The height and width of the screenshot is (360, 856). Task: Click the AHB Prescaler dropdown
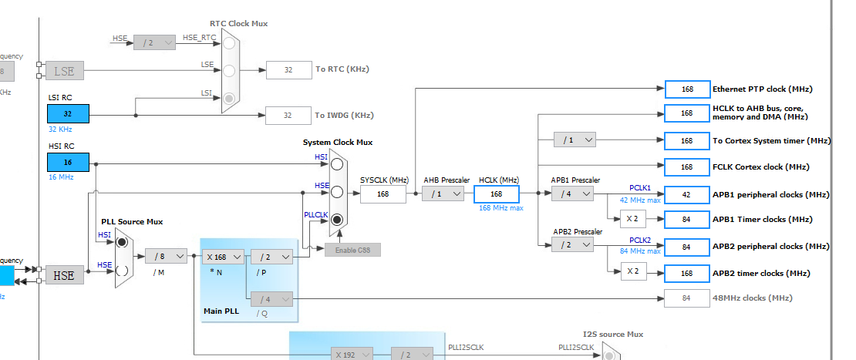pyautogui.click(x=443, y=193)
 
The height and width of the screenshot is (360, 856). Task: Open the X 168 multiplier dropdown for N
pyautogui.click(x=224, y=256)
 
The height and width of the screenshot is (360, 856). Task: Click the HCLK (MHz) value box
pyautogui.click(x=497, y=193)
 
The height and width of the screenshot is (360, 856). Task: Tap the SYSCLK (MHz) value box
pyautogui.click(x=383, y=193)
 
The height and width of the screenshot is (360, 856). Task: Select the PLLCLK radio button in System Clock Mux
pyautogui.click(x=336, y=220)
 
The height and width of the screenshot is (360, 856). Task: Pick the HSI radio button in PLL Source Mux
pyautogui.click(x=122, y=242)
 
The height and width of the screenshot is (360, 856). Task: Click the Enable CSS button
pyautogui.click(x=352, y=250)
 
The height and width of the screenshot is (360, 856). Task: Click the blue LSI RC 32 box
pyautogui.click(x=68, y=113)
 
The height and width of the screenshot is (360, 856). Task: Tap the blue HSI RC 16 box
pyautogui.click(x=68, y=163)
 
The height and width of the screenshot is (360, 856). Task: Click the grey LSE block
pyautogui.click(x=65, y=72)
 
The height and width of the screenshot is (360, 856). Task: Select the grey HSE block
pyautogui.click(x=65, y=274)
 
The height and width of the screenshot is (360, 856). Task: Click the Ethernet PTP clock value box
pyautogui.click(x=686, y=89)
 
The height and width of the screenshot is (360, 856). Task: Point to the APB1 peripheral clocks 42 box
pyautogui.click(x=686, y=194)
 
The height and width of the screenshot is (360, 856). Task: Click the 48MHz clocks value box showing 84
pyautogui.click(x=686, y=298)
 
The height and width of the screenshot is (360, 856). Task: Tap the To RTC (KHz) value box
pyautogui.click(x=288, y=69)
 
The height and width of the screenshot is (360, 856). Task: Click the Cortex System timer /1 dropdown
pyautogui.click(x=575, y=140)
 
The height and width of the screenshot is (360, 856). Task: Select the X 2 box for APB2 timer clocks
pyautogui.click(x=633, y=271)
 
